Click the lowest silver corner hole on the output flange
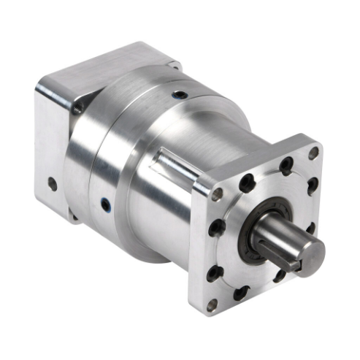(x=212, y=305)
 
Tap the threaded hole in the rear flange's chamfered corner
(x=77, y=109)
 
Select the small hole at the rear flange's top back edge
(x=173, y=64)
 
